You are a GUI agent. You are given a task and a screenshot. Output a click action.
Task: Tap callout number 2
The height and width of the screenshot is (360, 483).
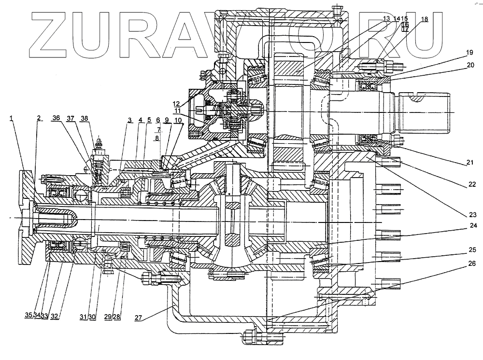pos(39,118)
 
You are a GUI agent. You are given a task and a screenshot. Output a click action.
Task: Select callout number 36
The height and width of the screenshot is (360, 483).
pos(57,118)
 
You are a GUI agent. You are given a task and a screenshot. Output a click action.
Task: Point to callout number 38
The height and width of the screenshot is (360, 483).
pos(85,118)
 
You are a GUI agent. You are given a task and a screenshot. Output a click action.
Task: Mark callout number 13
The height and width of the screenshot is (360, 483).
pos(386,18)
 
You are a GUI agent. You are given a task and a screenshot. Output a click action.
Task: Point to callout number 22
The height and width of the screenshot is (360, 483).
pos(472,184)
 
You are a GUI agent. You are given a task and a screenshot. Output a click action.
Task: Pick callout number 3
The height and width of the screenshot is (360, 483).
pos(129,120)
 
